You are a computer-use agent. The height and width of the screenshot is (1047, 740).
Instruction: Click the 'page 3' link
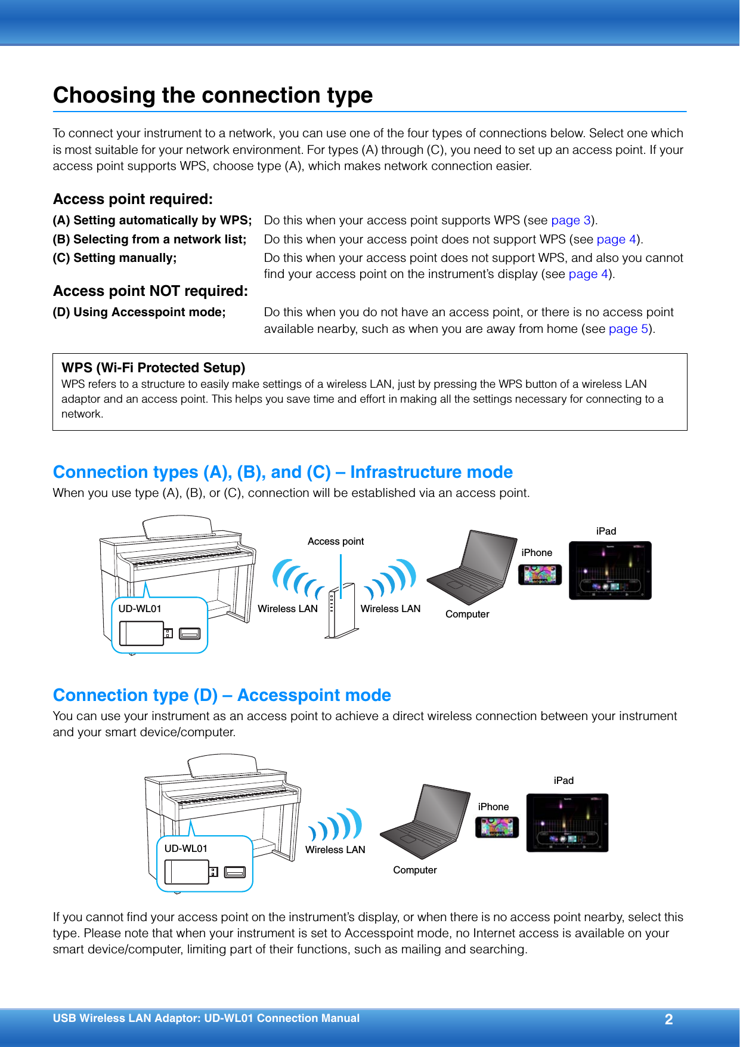point(570,220)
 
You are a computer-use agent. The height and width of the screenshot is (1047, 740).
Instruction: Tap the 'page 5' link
point(628,329)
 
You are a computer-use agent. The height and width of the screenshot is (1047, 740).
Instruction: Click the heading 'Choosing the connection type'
point(213,95)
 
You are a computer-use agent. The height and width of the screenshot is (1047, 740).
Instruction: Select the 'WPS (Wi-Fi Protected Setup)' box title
point(153,367)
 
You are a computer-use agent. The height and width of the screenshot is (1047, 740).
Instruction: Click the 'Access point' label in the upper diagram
point(336,541)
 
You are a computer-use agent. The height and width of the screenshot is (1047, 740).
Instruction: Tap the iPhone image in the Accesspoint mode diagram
point(497,827)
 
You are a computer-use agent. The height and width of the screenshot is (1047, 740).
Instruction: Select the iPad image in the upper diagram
point(609,570)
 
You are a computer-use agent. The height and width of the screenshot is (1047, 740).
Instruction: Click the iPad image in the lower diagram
point(567,823)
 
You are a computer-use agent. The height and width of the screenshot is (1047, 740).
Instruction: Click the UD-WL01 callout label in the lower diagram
point(185,848)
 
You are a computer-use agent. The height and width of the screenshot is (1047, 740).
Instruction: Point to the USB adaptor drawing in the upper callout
point(142,634)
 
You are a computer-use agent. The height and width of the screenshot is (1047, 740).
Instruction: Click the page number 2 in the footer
point(668,1019)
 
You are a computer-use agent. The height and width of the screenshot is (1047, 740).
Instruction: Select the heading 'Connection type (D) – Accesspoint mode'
point(222,695)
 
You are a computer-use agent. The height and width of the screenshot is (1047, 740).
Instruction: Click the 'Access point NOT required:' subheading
point(150,291)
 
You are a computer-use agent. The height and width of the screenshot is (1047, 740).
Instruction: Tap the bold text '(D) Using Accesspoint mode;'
point(139,312)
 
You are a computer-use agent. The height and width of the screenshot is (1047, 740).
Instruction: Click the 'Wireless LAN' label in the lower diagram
point(335,850)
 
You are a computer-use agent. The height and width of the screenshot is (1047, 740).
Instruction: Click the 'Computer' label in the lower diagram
point(414,870)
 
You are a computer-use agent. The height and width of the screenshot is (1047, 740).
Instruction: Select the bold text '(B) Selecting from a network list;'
point(150,239)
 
